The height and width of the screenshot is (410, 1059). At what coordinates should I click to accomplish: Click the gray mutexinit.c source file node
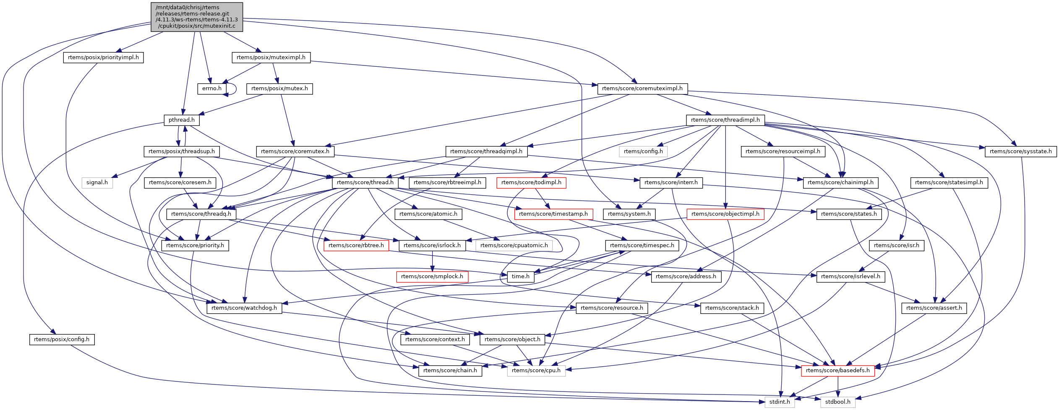[x=196, y=17]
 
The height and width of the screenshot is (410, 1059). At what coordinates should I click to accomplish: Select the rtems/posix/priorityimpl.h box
[x=103, y=57]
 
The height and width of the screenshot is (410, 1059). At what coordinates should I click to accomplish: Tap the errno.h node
[x=212, y=89]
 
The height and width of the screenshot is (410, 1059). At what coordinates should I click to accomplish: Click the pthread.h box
[x=181, y=120]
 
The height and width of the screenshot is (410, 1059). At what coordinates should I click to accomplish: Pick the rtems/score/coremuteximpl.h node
[x=642, y=89]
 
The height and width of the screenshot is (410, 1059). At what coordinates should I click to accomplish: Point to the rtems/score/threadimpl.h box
[x=725, y=120]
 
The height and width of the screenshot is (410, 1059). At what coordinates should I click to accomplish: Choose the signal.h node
[x=97, y=183]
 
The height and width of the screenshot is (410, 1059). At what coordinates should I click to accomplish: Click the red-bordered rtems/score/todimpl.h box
[x=531, y=183]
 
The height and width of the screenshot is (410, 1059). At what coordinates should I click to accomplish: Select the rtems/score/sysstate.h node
[x=1020, y=151]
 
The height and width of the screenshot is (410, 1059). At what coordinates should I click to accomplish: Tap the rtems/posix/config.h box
[x=62, y=339]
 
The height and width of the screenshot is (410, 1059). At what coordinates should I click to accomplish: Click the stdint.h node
[x=780, y=402]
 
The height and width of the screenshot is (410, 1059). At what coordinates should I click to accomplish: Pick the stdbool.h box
[x=837, y=402]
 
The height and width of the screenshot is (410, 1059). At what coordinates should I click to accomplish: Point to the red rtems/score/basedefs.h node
[x=837, y=371]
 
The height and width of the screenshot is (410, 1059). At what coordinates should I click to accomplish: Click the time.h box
[x=520, y=277]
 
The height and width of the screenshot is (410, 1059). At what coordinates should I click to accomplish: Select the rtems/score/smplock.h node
[x=432, y=277]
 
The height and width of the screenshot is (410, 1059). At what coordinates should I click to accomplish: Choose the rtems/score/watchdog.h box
[x=244, y=308]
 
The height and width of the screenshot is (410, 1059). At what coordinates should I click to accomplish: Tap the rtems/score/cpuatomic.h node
[x=514, y=245]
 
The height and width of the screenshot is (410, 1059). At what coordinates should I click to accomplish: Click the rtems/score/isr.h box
[x=896, y=245]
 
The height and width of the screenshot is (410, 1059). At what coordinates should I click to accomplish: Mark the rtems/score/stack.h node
[x=732, y=308]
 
